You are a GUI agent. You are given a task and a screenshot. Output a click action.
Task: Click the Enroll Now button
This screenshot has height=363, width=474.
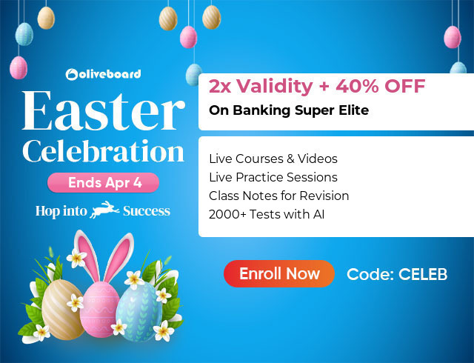pos(279,274)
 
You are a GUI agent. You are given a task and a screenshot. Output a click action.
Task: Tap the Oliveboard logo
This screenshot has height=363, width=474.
pos(103,74)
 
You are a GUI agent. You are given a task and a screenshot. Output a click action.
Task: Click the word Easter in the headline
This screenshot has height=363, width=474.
pos(103,112)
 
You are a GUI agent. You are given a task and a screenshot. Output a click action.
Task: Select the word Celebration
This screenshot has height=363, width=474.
pos(103,151)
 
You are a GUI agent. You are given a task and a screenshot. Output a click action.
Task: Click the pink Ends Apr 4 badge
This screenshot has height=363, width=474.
pos(103,182)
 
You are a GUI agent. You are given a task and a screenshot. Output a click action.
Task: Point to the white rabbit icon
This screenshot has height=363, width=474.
pos(104,211)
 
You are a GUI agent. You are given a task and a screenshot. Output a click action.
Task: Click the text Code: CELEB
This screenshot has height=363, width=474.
pos(397,274)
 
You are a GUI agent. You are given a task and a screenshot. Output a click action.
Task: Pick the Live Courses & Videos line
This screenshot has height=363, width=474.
pos(273,159)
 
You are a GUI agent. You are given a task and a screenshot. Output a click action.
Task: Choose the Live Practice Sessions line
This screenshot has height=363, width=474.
pos(273,177)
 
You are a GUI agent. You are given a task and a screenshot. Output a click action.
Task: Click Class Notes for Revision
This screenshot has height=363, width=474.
pos(279,196)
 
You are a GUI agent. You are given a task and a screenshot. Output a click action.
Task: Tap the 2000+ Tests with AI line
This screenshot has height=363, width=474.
pos(267,215)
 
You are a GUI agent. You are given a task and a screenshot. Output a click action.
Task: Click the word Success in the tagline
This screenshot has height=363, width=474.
pos(147,211)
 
